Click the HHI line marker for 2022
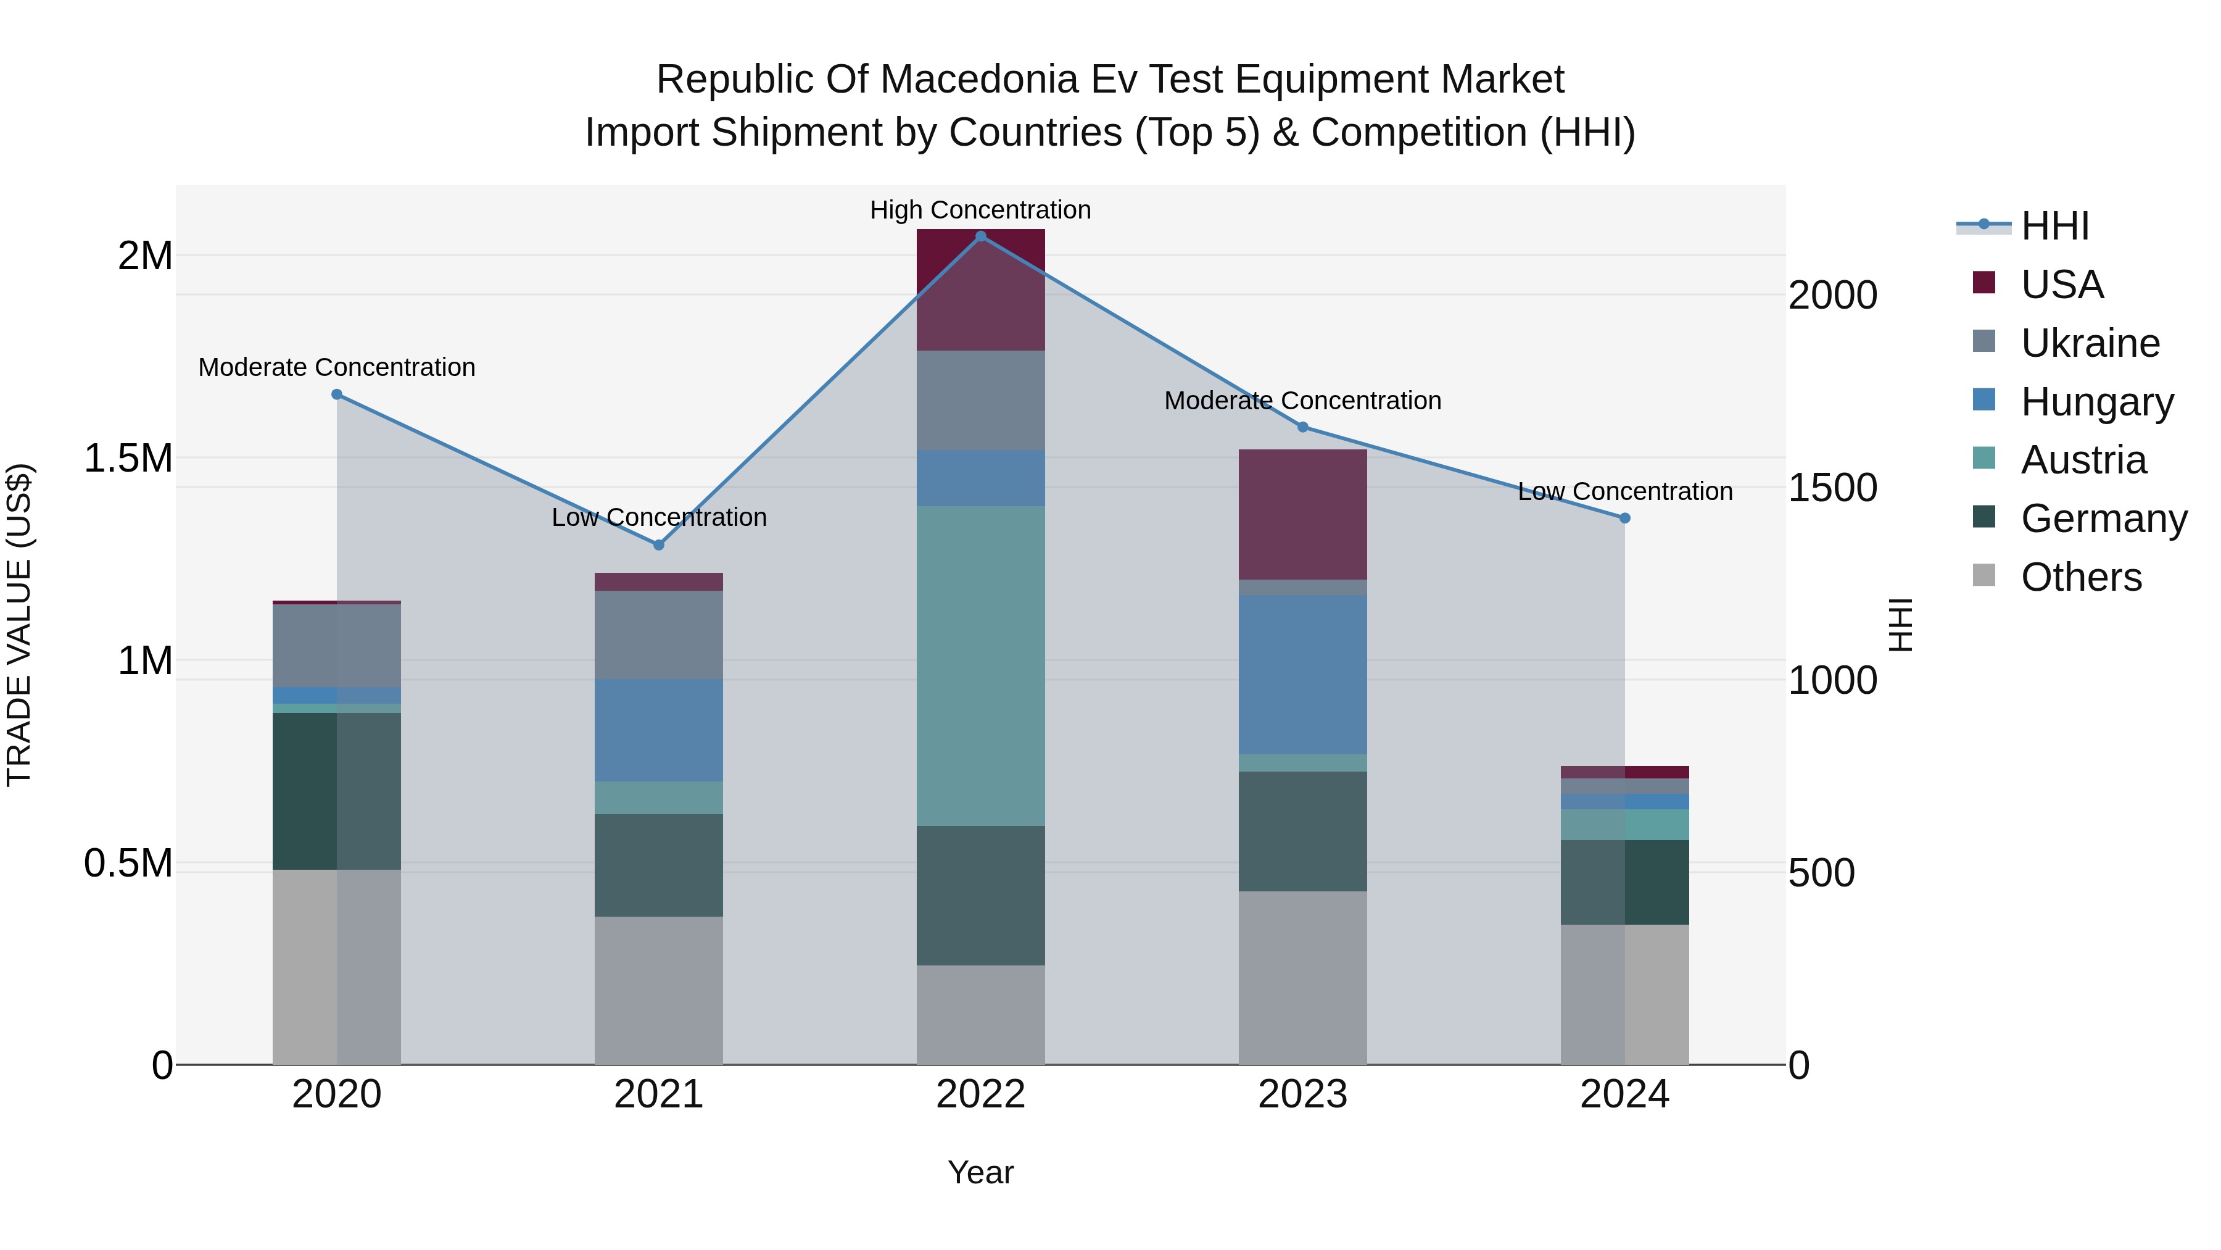[x=980, y=236]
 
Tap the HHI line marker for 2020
[x=337, y=394]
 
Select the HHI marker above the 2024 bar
[x=1624, y=519]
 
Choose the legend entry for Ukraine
[x=2090, y=343]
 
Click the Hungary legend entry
[x=2097, y=402]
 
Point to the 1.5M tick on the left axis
[x=128, y=459]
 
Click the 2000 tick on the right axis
[x=1832, y=296]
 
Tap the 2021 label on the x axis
[x=659, y=1094]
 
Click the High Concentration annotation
[x=980, y=210]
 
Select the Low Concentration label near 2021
[x=659, y=518]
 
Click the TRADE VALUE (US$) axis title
[x=19, y=625]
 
